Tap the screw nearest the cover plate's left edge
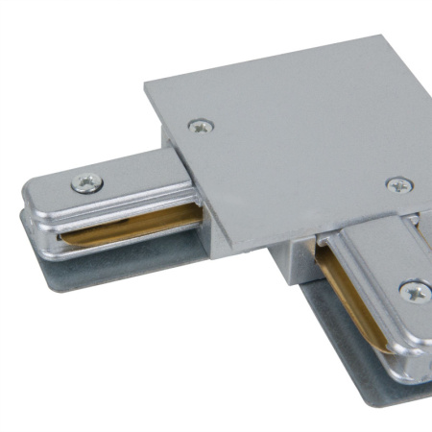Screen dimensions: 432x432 coord(200,124)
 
